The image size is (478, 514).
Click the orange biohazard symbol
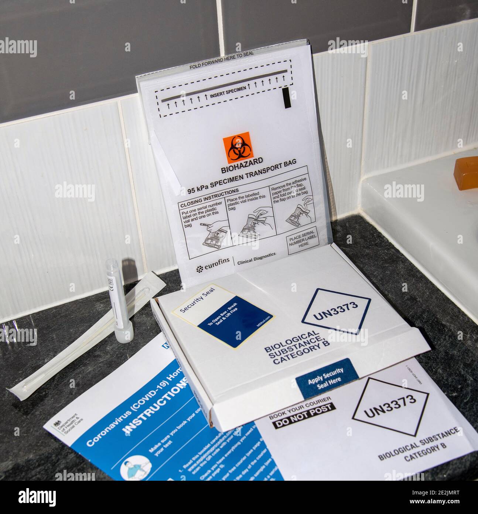[x=236, y=149]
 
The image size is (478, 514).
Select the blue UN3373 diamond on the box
[x=336, y=312]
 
